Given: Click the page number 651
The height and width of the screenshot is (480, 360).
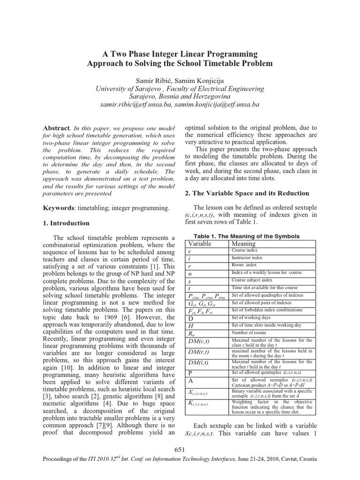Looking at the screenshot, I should tap(180, 450).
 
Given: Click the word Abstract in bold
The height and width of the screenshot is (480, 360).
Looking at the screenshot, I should tap(56, 128).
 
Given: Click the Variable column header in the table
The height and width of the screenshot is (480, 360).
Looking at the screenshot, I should tap(200, 244).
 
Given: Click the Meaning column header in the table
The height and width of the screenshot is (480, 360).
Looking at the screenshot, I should tap(244, 244).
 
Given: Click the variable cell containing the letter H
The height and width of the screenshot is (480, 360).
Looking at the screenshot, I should tap(191, 325).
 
